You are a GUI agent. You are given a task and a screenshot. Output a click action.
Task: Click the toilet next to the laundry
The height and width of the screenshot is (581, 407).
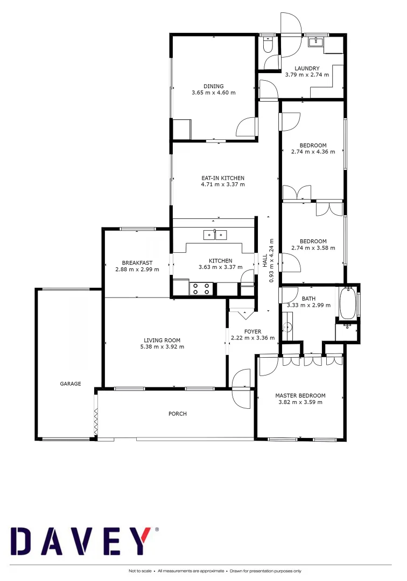click(268, 45)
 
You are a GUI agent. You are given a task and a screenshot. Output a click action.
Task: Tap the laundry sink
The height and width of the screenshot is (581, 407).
click(315, 42)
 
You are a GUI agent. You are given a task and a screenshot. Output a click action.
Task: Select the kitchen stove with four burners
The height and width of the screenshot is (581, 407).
click(201, 289)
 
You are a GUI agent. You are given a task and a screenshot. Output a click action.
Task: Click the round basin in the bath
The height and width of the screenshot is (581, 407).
click(286, 327)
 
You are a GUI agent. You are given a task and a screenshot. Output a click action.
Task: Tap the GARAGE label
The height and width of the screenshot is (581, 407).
click(71, 384)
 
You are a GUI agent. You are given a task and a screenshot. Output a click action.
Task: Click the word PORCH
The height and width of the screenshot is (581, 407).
click(177, 414)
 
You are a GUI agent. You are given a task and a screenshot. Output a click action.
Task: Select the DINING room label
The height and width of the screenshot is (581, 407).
click(213, 86)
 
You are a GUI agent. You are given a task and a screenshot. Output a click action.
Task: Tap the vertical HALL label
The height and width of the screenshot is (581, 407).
click(265, 260)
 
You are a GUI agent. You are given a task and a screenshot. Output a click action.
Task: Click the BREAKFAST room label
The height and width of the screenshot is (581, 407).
click(137, 263)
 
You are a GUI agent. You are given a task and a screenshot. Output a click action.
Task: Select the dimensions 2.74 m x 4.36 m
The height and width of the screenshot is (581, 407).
click(313, 152)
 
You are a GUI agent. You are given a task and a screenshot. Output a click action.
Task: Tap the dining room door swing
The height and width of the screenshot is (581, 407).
click(247, 127)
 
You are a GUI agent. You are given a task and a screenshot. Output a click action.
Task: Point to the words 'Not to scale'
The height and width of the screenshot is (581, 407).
click(140, 571)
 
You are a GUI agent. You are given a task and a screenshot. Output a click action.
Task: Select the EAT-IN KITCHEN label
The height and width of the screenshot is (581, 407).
click(222, 178)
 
